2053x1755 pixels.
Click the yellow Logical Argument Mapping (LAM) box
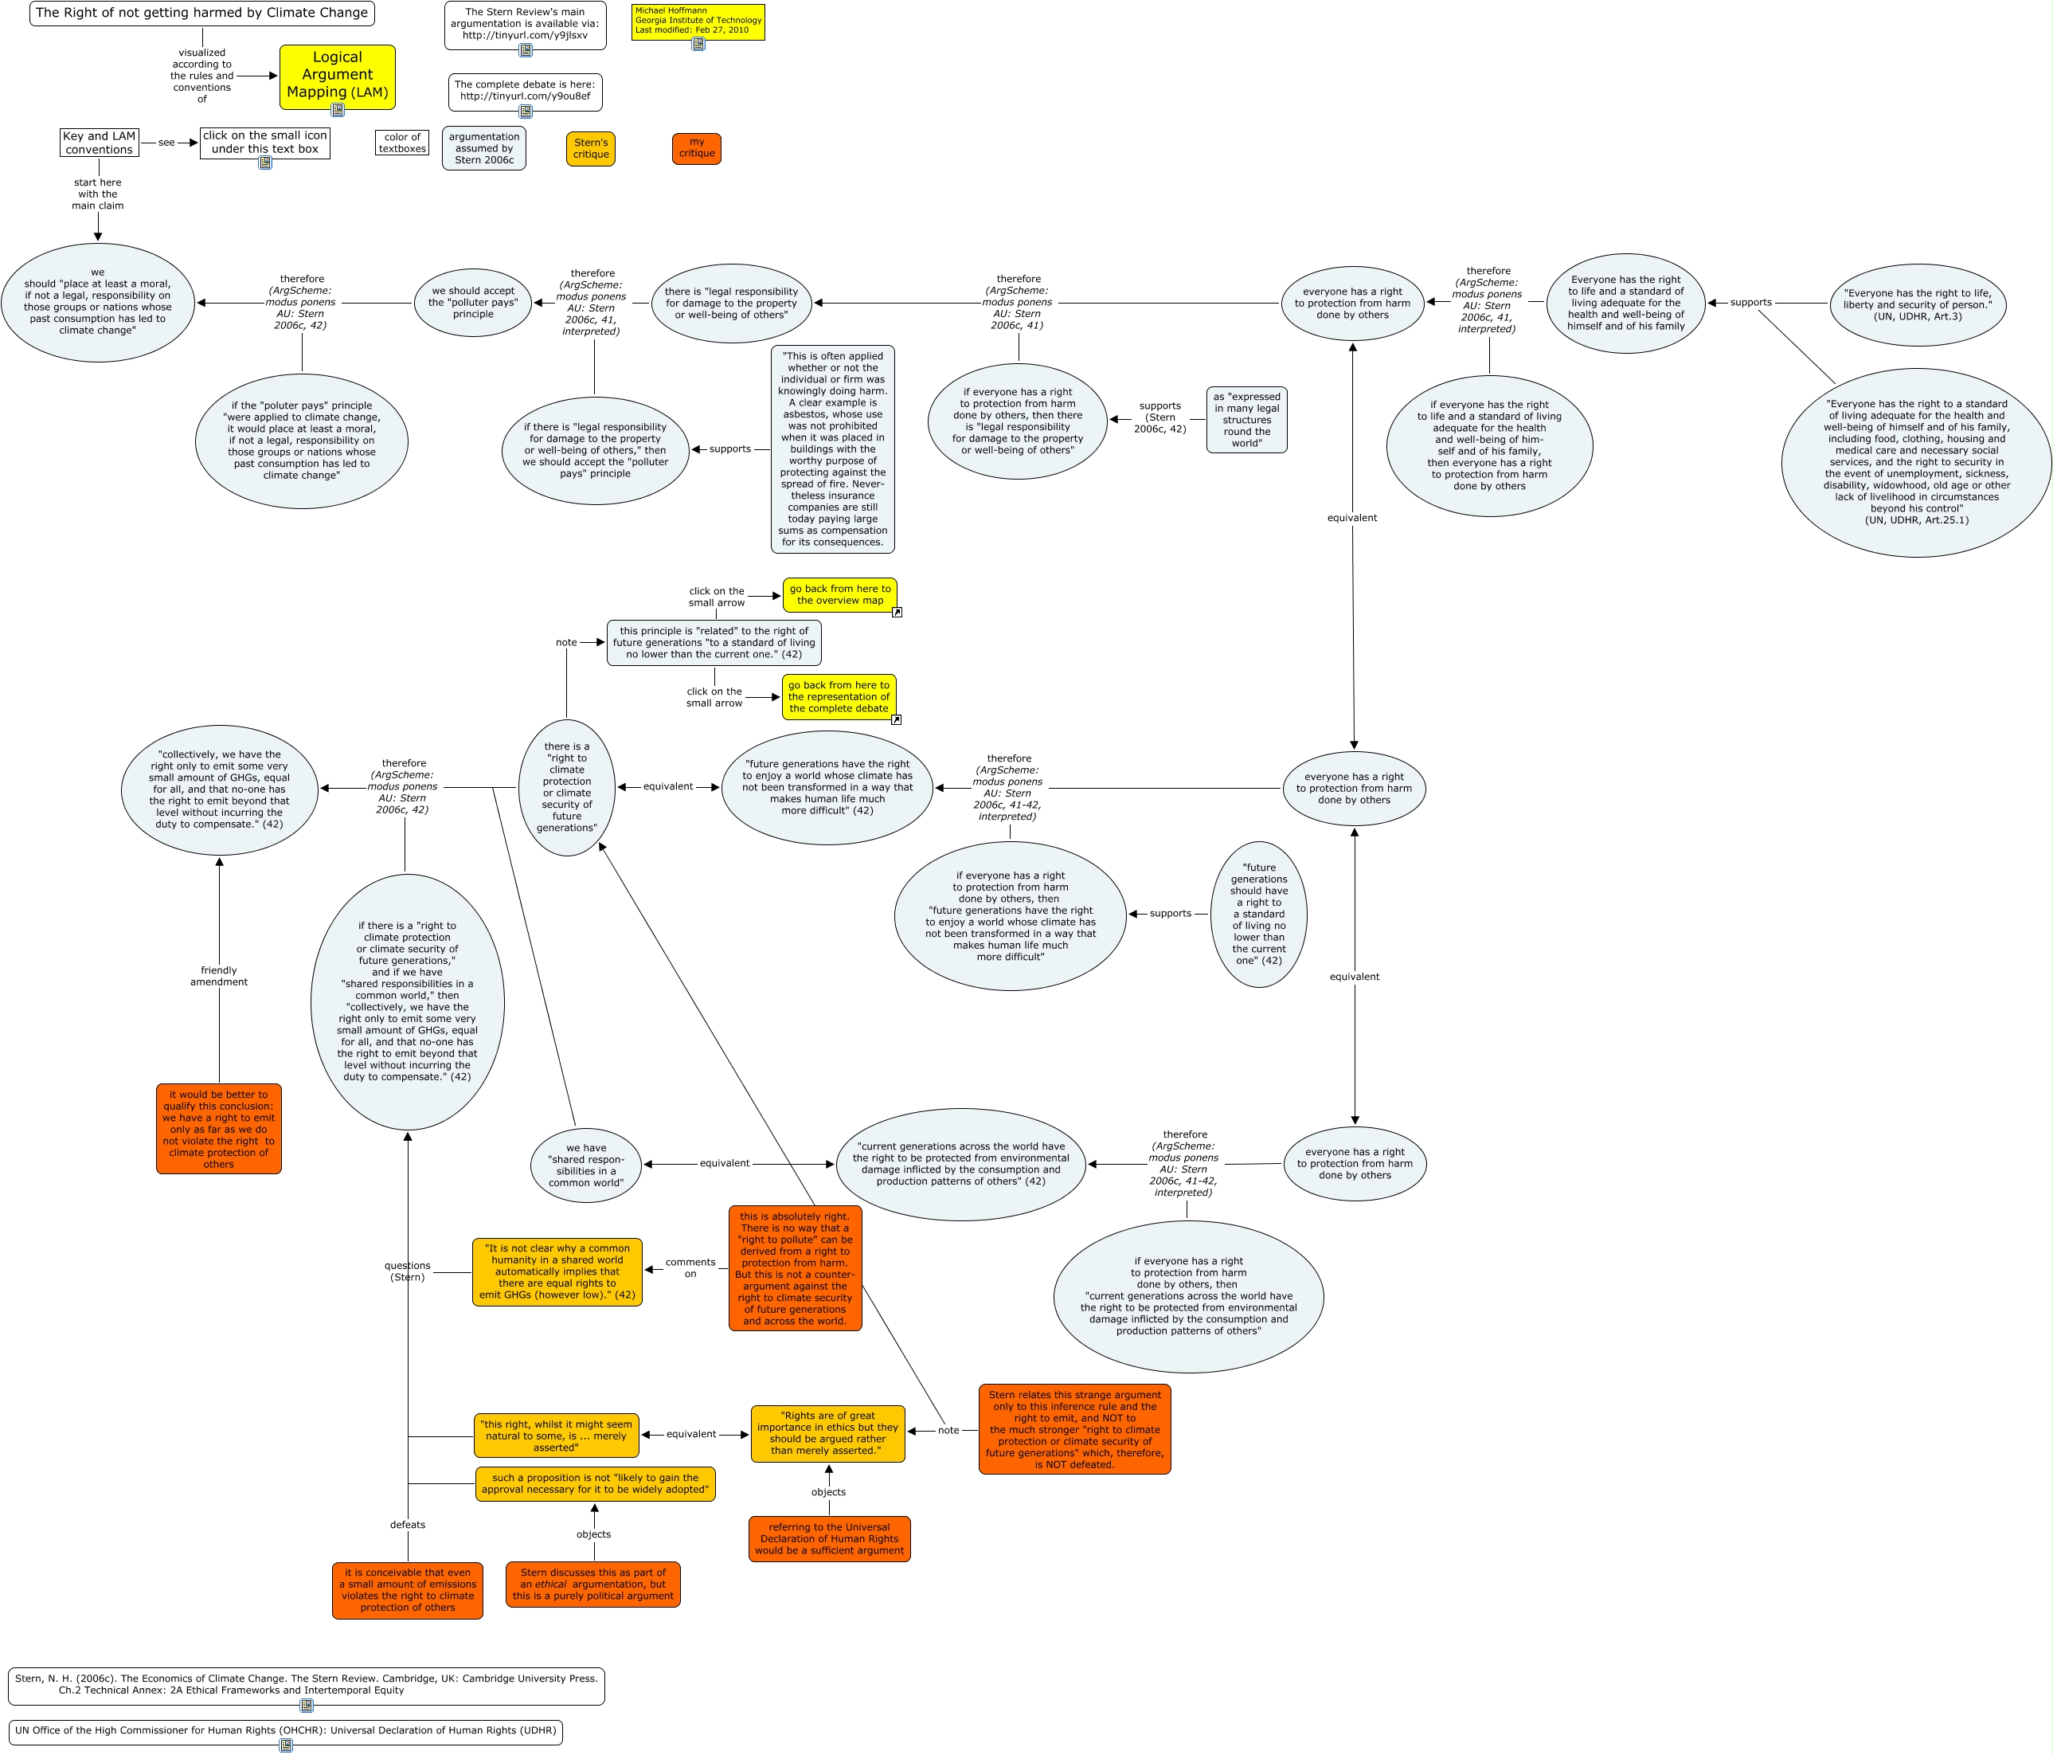pos(337,76)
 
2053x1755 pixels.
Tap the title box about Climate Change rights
pos(202,14)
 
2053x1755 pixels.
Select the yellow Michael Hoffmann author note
pos(698,21)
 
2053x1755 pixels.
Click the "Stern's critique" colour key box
pos(591,149)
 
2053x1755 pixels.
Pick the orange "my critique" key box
pos(697,149)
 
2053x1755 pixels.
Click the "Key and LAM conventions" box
pos(99,143)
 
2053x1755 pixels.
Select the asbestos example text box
pos(832,449)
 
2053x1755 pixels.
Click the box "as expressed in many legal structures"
pos(1246,420)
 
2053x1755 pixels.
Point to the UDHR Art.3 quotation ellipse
pos(1918,305)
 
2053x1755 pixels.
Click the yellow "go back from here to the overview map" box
pos(839,594)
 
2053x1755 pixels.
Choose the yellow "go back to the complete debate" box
pos(839,696)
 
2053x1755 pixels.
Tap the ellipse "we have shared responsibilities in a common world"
pos(585,1165)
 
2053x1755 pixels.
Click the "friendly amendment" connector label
pos(219,976)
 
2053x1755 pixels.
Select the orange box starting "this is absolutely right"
pos(795,1268)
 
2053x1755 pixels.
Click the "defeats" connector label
pos(407,1525)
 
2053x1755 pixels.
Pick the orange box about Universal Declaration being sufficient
pos(829,1539)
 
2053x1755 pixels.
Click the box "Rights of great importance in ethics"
pos(827,1433)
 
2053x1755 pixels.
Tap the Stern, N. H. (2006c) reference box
pos(306,1685)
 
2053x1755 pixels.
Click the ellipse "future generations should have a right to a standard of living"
pos(1258,914)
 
